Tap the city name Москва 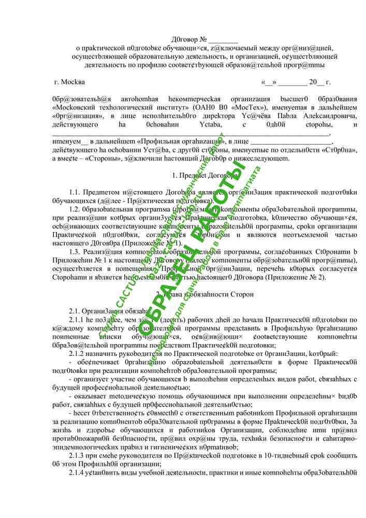click(74, 82)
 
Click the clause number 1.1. click(75, 192)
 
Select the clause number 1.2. click(75, 209)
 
